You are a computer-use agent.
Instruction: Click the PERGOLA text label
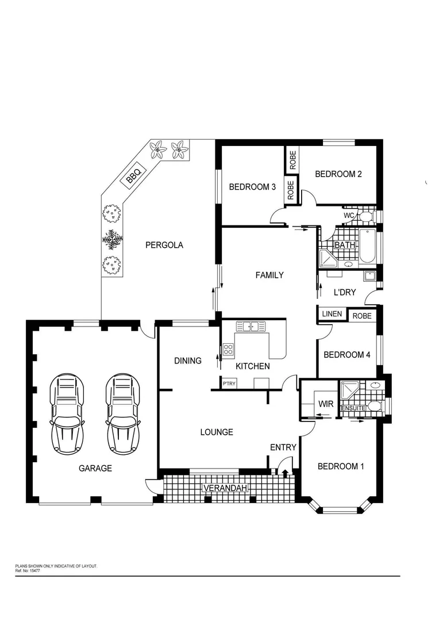164,245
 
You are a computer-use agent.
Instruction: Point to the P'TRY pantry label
229,383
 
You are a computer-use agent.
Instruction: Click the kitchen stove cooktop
228,348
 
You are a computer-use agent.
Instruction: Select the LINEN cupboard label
332,314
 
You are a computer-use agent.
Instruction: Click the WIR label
326,404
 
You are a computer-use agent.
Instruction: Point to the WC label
349,216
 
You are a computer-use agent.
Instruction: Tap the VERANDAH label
225,488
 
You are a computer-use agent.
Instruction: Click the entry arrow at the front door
285,472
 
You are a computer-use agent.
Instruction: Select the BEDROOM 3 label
252,187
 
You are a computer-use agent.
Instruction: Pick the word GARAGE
95,468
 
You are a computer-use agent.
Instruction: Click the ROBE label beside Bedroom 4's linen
362,316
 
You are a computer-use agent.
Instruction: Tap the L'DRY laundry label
345,293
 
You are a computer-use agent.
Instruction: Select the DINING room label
188,361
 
